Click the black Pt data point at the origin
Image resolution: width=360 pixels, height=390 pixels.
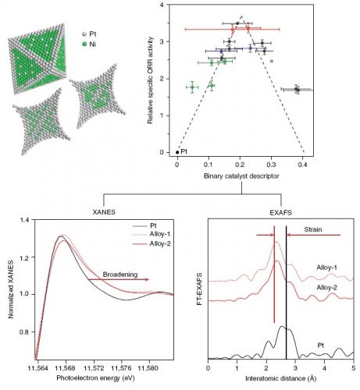click(177, 152)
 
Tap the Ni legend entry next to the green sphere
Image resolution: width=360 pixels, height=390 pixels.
click(92, 44)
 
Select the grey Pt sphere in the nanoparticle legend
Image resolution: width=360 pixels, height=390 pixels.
click(84, 34)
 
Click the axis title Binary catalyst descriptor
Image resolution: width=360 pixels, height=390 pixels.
click(241, 176)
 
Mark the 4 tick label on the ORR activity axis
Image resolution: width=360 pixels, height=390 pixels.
click(162, 5)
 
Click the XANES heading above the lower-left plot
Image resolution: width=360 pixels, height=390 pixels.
click(104, 212)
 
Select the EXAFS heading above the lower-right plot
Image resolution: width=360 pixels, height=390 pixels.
click(280, 213)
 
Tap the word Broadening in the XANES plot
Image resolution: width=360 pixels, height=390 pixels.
click(120, 275)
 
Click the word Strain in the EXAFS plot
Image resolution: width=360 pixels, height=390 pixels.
click(313, 229)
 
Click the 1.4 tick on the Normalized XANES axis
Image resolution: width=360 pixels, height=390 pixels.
click(26, 220)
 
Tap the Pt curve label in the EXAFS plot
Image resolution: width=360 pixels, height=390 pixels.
click(320, 346)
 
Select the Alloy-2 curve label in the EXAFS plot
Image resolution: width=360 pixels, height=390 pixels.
click(326, 288)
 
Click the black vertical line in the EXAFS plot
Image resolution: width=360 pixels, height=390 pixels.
click(287, 292)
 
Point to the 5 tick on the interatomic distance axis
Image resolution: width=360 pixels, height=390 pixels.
click(354, 368)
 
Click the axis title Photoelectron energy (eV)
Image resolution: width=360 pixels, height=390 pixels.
click(96, 378)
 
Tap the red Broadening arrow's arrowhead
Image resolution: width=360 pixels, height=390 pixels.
click(148, 279)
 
